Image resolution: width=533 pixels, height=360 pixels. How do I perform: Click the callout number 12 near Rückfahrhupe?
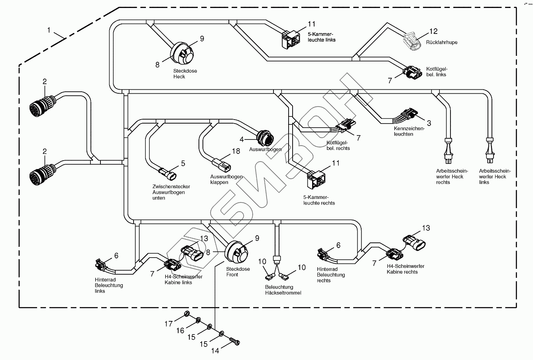(x=433, y=31)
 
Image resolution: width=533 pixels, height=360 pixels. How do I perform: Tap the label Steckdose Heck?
(x=185, y=74)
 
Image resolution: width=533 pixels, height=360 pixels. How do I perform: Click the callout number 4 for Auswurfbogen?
(x=242, y=140)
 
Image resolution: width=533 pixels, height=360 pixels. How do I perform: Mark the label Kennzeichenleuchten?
(x=409, y=132)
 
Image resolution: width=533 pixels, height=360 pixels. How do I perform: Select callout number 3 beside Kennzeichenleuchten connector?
(x=429, y=123)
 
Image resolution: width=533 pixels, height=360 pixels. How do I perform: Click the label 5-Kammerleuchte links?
(x=322, y=37)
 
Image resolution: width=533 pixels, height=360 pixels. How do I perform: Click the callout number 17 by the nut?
(x=169, y=324)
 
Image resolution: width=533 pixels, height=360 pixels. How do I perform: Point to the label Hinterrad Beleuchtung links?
(x=109, y=285)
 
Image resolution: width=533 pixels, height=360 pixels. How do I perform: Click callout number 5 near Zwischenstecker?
(x=183, y=163)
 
